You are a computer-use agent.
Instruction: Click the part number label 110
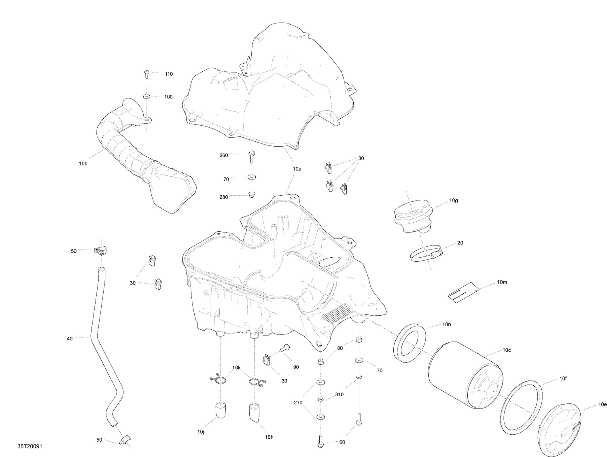click(168, 74)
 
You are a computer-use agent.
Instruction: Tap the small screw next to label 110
click(146, 74)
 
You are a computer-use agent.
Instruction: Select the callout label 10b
click(83, 164)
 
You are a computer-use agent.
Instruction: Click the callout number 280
click(223, 197)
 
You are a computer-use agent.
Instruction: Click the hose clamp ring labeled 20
click(425, 256)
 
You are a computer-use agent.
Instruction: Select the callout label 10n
click(447, 325)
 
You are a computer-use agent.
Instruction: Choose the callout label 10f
click(563, 379)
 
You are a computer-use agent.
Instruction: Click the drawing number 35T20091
click(30, 446)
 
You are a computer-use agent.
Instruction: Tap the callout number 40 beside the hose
click(70, 338)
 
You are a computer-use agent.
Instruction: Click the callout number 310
click(339, 394)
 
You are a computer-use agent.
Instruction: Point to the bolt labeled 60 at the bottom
click(320, 440)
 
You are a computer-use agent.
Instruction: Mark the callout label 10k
click(236, 367)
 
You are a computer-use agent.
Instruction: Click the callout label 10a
click(297, 169)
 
